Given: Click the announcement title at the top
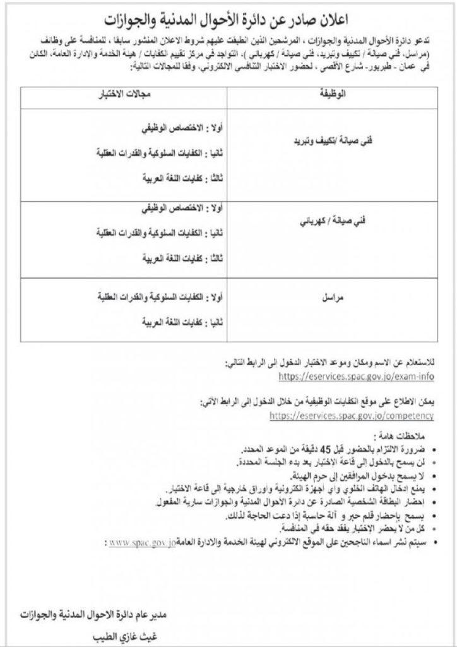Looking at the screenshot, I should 228,16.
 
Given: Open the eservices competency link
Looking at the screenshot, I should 352,416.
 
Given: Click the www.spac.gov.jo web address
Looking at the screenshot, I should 141,543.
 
